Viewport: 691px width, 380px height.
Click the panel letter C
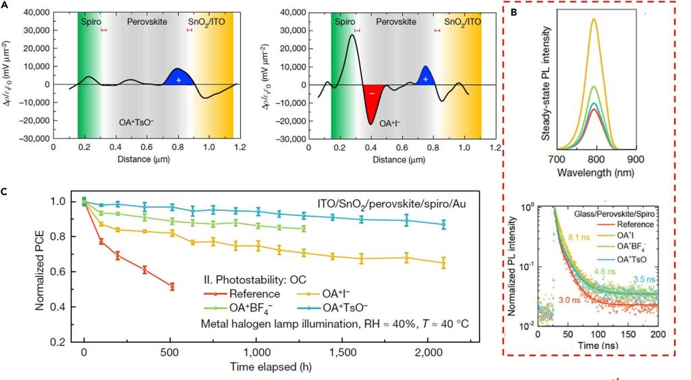(x=5, y=191)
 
